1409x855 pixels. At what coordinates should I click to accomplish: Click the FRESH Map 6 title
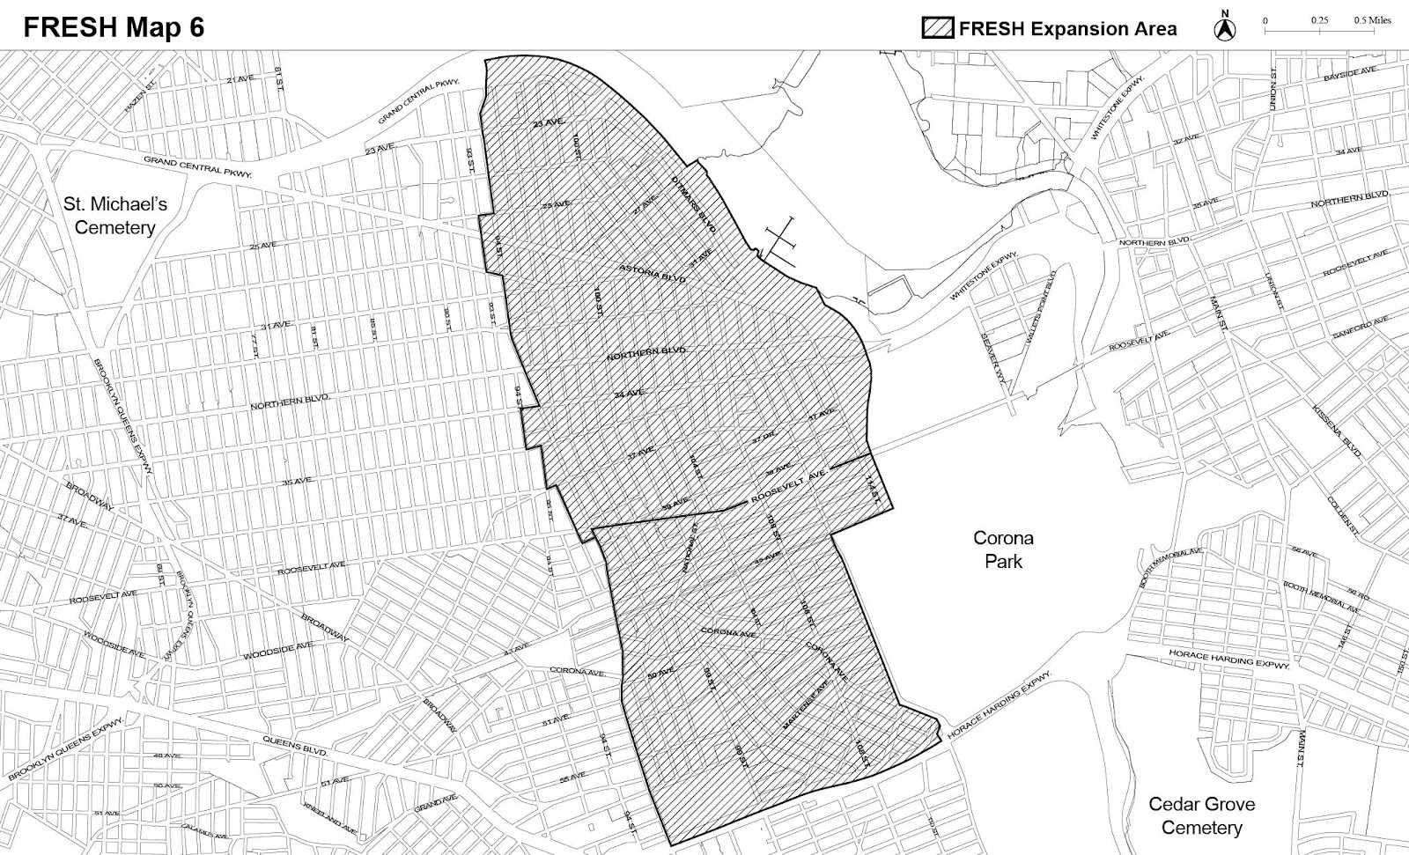point(114,27)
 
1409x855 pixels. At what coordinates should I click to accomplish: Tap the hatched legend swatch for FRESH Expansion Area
point(938,27)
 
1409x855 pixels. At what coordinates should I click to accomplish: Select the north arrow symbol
point(1225,27)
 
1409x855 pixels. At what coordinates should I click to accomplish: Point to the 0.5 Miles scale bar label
point(1373,19)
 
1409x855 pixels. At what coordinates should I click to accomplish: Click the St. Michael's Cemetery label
point(115,216)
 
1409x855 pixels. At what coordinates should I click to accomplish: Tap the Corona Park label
point(1003,549)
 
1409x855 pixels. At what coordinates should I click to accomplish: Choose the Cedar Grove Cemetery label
point(1201,815)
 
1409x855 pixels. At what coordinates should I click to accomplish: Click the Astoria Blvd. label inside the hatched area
point(652,272)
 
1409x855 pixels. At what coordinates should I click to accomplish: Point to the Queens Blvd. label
point(295,748)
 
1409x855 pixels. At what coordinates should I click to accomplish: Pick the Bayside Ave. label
point(1348,74)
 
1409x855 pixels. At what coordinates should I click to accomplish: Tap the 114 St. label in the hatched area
point(873,490)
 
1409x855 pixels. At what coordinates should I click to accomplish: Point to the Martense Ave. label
point(806,704)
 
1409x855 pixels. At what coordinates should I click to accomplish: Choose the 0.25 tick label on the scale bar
point(1318,19)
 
